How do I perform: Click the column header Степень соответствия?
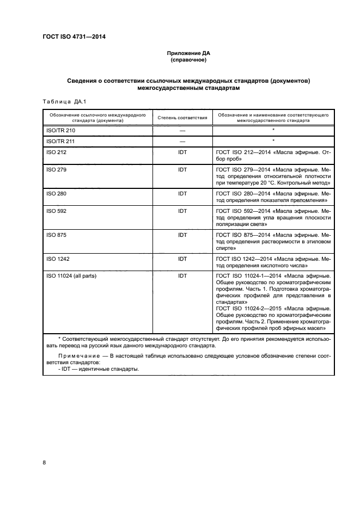(x=182, y=118)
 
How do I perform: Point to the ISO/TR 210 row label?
(x=61, y=131)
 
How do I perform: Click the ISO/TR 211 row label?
(x=61, y=142)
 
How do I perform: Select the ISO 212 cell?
(x=56, y=153)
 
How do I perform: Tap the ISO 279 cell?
(x=56, y=170)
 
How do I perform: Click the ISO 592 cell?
(x=56, y=210)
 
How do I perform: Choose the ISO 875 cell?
(x=56, y=234)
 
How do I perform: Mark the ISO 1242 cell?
(x=58, y=259)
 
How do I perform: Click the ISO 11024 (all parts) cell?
(x=71, y=276)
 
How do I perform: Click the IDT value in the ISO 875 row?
(x=182, y=234)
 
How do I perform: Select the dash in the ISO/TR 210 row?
(x=182, y=131)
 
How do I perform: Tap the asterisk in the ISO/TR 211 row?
(x=273, y=141)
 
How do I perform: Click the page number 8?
(x=44, y=462)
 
